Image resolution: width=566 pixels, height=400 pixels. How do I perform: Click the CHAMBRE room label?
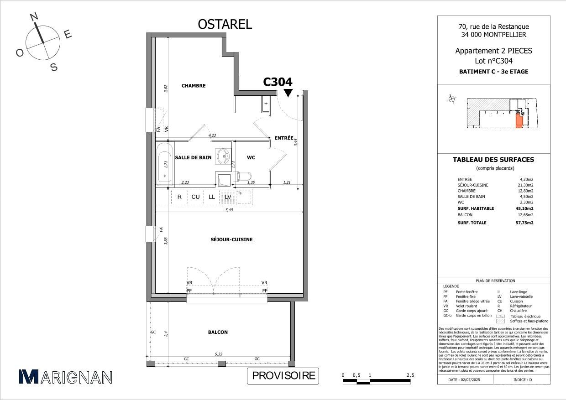(194, 86)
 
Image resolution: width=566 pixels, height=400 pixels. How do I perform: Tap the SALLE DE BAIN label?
(193, 157)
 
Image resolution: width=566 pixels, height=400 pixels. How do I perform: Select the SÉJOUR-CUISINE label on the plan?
(232, 239)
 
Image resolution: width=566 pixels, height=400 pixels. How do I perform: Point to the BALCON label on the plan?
(218, 332)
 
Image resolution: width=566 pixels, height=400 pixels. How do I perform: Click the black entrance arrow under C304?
(288, 93)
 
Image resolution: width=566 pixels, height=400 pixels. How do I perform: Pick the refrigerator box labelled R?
(180, 197)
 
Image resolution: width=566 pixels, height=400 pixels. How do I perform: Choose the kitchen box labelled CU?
(195, 197)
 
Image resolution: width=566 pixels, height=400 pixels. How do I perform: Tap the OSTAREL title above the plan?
(225, 25)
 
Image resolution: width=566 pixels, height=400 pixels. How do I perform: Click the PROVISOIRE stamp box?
(283, 376)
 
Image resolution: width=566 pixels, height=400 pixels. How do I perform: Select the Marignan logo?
(65, 377)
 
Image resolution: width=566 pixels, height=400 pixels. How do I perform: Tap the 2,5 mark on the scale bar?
(410, 375)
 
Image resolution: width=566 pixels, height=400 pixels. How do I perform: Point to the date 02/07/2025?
(471, 379)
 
